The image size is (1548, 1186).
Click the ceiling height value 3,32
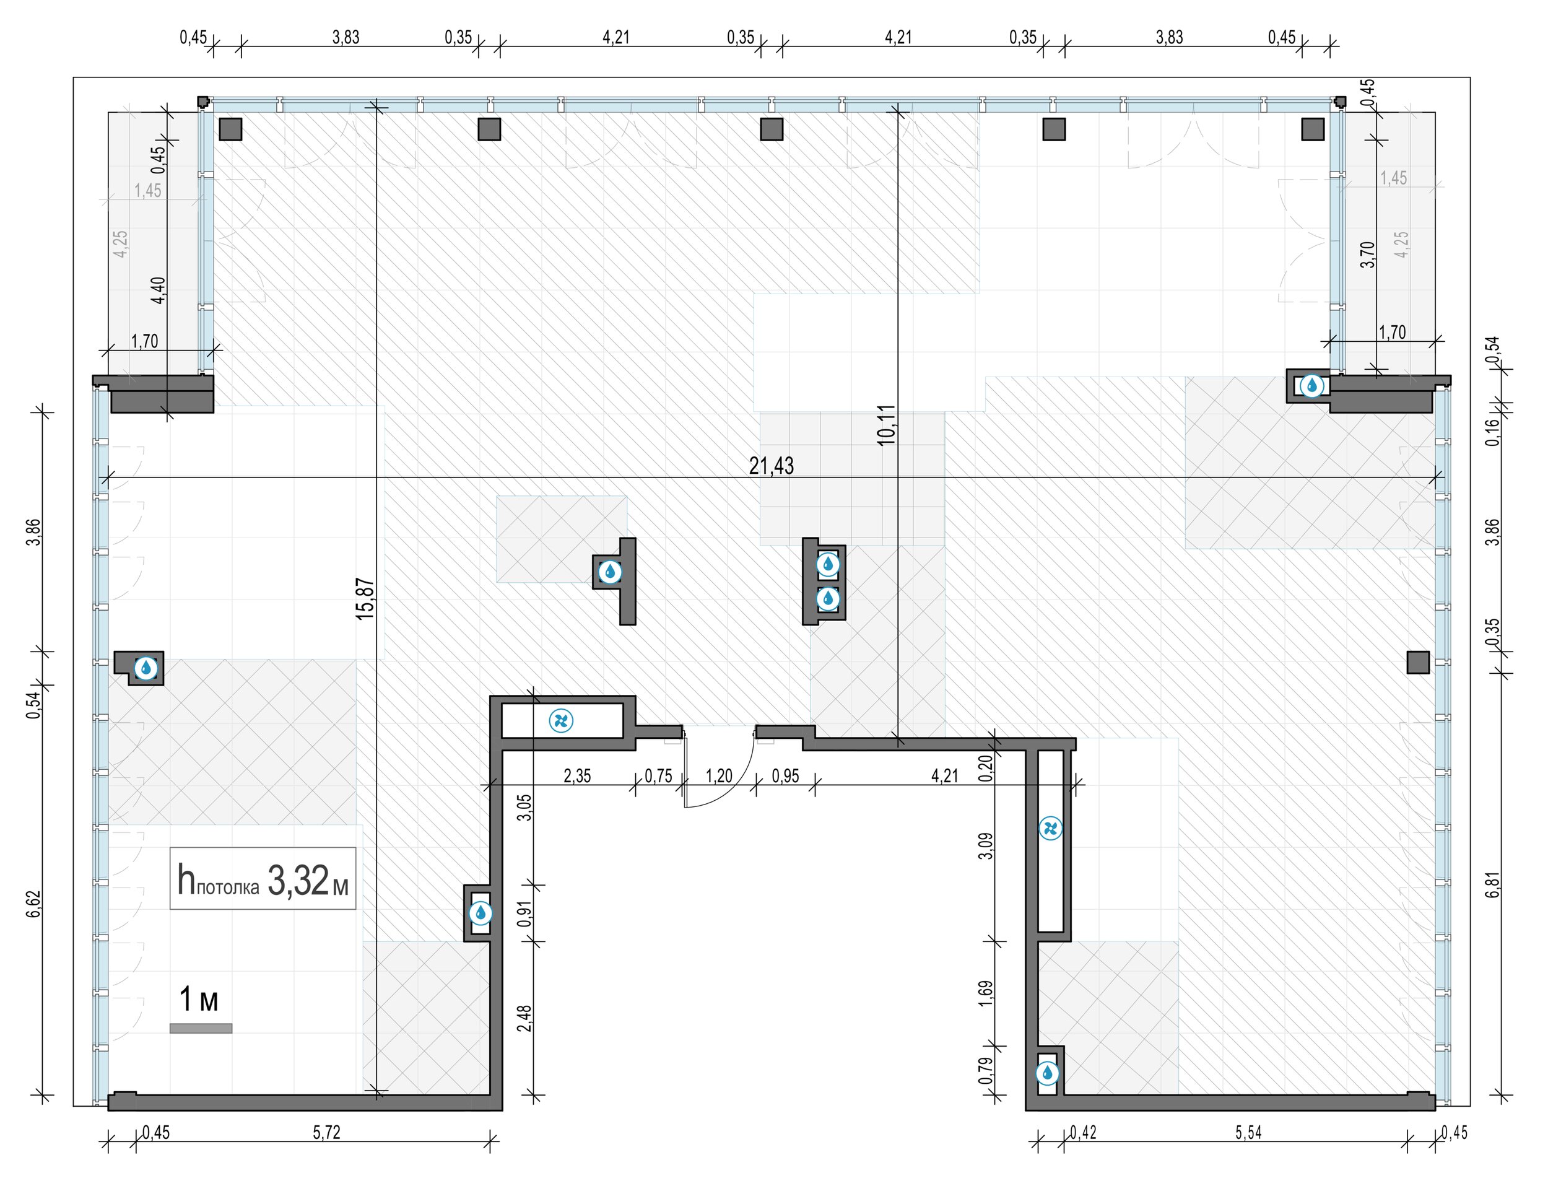pos(298,881)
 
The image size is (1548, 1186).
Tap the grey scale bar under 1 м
pos(201,1029)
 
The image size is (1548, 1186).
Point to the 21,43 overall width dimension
pos(772,466)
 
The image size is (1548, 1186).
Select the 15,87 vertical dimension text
pos(365,599)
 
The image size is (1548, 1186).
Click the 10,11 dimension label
pos(887,424)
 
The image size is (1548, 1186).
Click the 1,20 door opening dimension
pos(720,776)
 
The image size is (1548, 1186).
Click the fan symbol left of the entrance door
pos(561,721)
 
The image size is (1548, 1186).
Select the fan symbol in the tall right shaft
pos(1050,828)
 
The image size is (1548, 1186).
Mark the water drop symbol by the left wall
pos(146,667)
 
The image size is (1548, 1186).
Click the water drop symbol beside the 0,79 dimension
pos(1047,1074)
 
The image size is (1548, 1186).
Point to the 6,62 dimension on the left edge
pos(35,904)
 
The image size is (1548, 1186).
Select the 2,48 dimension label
pos(524,1018)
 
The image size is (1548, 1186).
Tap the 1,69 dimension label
pos(987,993)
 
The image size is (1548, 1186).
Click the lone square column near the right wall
pos(1418,662)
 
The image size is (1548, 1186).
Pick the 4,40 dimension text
pos(159,290)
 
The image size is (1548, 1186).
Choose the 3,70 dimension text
pos(1368,254)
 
